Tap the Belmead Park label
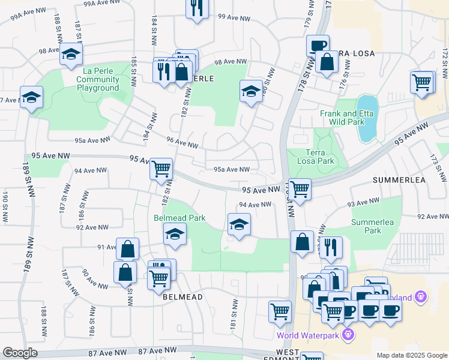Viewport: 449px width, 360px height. point(176,217)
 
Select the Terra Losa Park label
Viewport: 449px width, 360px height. point(316,157)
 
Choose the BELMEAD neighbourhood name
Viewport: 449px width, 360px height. point(182,296)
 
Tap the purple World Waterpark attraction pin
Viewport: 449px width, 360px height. point(348,333)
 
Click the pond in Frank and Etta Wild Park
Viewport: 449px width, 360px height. point(367,118)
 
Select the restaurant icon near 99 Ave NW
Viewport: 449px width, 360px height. point(196,8)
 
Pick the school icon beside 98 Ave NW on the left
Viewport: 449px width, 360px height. point(71,55)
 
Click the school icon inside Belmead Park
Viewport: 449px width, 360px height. point(175,233)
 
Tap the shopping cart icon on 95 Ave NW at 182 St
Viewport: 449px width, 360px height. point(161,169)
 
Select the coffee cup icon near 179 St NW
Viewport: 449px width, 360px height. point(318,45)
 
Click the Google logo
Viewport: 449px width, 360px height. point(20,353)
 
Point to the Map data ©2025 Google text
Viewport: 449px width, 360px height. point(411,355)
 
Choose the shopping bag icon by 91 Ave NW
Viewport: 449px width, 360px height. point(127,248)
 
